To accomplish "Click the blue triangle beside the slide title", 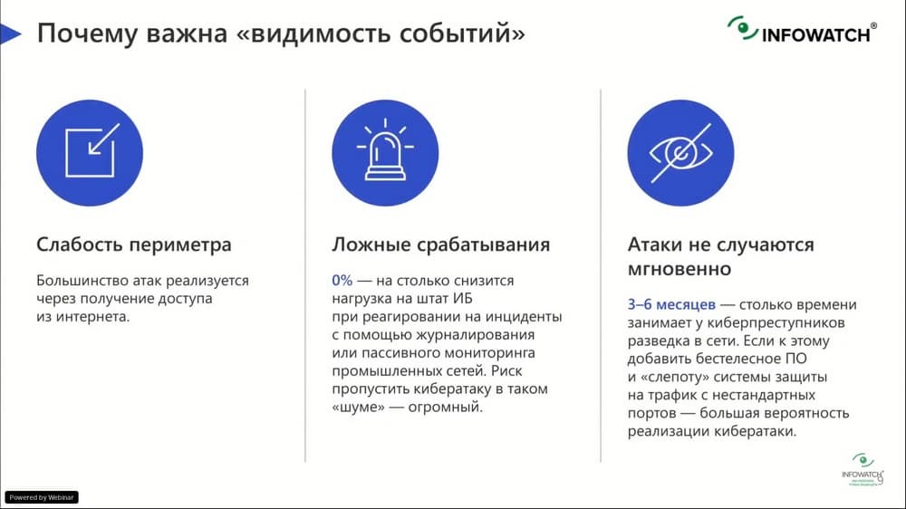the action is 10,34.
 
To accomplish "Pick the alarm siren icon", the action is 385,152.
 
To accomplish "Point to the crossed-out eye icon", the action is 680,152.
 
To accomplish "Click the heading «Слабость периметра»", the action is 133,245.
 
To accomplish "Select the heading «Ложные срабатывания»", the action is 441,245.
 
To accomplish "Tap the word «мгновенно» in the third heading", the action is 679,269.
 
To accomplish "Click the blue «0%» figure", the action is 342,280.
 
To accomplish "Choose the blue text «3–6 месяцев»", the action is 671,304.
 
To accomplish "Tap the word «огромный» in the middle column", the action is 445,407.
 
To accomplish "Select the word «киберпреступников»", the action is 776,323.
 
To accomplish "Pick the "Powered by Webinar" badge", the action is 42,497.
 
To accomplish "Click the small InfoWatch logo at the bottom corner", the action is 863,470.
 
